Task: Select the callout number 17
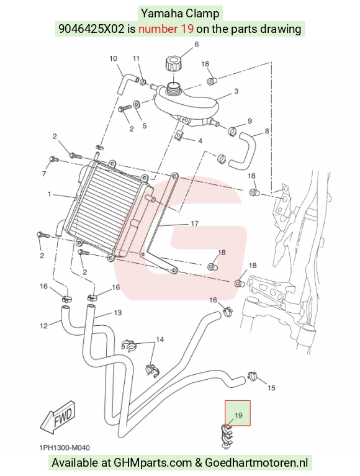click(194, 224)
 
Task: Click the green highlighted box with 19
click(238, 413)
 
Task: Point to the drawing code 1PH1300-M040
click(65, 448)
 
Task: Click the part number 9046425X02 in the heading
click(91, 29)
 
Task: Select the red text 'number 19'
click(166, 29)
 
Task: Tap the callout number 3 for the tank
click(236, 91)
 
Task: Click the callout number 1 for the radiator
click(50, 194)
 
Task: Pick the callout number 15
click(271, 388)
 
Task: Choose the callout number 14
click(160, 339)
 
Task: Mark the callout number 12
click(43, 326)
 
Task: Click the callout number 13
click(117, 312)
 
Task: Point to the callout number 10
click(113, 58)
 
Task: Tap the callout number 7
click(44, 174)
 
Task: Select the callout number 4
click(200, 141)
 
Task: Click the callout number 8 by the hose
click(267, 131)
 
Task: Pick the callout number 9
click(250, 121)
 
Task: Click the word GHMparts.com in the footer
click(153, 463)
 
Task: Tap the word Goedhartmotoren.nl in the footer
click(256, 463)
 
